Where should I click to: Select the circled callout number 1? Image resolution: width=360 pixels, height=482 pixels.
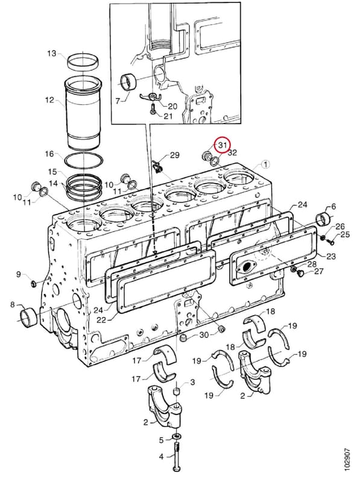pyautogui.click(x=265, y=164)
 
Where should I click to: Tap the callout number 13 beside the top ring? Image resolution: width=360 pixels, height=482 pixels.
pyautogui.click(x=52, y=54)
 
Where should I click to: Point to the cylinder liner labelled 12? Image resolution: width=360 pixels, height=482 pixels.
pyautogui.click(x=84, y=113)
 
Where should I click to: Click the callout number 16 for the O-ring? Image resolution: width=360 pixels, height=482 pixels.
pyautogui.click(x=49, y=154)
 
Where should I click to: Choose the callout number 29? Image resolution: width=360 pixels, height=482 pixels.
pyautogui.click(x=174, y=155)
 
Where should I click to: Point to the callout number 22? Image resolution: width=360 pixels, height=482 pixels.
pyautogui.click(x=101, y=320)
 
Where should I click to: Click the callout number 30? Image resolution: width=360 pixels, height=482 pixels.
pyautogui.click(x=204, y=335)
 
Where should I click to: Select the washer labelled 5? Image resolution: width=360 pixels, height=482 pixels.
pyautogui.click(x=177, y=436)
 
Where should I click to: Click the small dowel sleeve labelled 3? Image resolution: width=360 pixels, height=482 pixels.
pyautogui.click(x=176, y=392)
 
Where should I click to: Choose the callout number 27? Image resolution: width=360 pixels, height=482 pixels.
pyautogui.click(x=319, y=271)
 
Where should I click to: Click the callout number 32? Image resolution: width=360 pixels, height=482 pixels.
pyautogui.click(x=233, y=153)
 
